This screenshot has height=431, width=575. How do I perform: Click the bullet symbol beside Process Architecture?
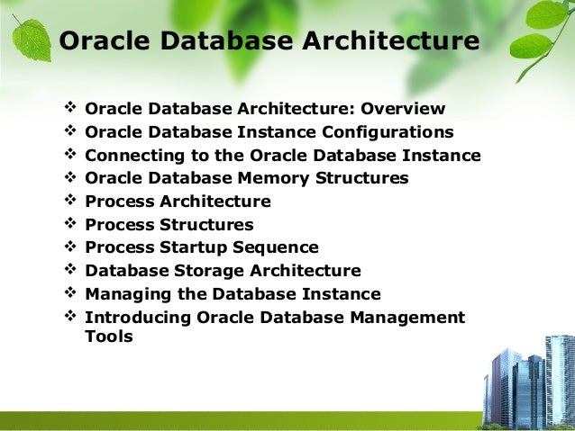(71, 202)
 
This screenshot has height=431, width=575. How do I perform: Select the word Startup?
(197, 247)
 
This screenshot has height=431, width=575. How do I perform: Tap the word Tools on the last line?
(108, 337)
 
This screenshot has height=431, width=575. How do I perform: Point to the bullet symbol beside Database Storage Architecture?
(71, 271)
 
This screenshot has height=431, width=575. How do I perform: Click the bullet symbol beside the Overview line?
(71, 110)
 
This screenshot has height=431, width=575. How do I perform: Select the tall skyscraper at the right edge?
(560, 378)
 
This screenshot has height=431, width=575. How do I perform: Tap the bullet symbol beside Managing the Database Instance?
(71, 294)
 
